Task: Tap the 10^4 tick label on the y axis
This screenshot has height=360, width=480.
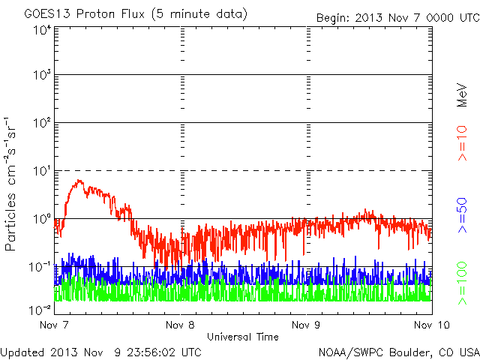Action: [x=41, y=29]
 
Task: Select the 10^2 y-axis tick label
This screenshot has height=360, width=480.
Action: [x=41, y=122]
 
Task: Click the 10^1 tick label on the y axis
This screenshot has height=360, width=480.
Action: [x=41, y=170]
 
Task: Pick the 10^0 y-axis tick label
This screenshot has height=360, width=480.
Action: [x=41, y=218]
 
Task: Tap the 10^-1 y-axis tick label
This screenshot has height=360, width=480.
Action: [x=40, y=266]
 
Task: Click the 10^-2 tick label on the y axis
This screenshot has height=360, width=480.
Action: [x=40, y=309]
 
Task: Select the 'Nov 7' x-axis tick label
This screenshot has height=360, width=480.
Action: [x=55, y=325]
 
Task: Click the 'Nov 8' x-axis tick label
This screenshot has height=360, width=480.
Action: [x=181, y=325]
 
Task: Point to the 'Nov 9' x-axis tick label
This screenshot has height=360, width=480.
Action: [x=306, y=325]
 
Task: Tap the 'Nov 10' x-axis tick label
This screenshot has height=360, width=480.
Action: [x=428, y=325]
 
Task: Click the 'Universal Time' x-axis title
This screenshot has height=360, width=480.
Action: [x=243, y=337]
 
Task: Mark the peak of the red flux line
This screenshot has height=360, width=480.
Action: [x=79, y=180]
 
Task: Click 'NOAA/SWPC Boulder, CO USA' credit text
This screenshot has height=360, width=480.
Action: [x=398, y=352]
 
